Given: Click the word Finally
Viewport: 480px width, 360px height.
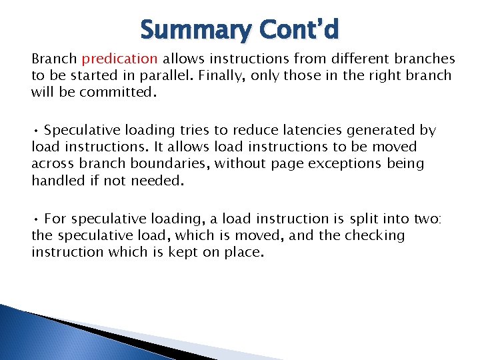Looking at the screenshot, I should (221, 76).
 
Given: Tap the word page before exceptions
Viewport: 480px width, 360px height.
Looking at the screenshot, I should (280, 163).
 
